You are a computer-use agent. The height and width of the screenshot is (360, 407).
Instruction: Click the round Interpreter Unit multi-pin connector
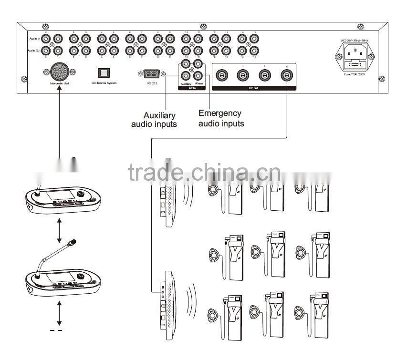click(x=59, y=72)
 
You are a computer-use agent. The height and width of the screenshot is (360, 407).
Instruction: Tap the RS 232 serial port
click(x=151, y=73)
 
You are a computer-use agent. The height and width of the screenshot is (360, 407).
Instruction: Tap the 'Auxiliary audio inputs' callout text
click(x=154, y=120)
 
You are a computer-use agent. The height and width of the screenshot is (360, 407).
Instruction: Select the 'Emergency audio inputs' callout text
click(x=221, y=118)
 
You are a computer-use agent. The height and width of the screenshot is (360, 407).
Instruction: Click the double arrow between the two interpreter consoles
click(x=59, y=231)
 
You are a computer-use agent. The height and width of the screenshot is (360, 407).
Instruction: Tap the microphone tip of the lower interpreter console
click(x=73, y=243)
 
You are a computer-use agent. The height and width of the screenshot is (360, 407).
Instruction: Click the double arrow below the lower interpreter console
click(x=59, y=312)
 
